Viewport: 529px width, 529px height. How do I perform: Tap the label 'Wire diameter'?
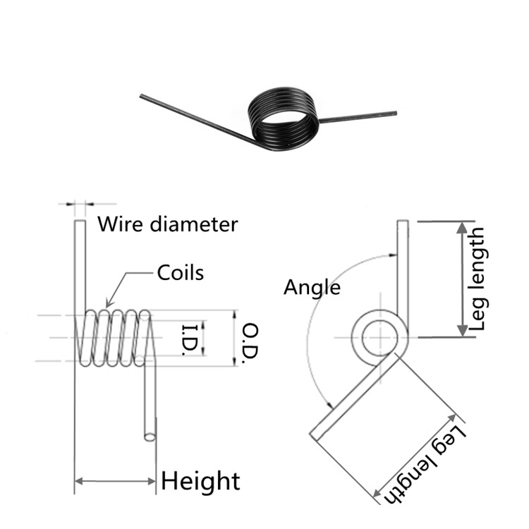point(167,225)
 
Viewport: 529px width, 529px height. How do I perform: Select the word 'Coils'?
point(181,272)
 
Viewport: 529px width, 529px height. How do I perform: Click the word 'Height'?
point(201,481)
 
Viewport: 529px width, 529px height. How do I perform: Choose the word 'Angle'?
point(312,287)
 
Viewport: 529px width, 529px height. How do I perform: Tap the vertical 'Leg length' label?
point(479,279)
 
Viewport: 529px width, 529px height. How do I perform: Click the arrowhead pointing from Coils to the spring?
point(107,304)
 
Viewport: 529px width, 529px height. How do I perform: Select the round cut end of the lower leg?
point(150,437)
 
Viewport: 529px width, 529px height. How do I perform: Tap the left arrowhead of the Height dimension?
point(78,482)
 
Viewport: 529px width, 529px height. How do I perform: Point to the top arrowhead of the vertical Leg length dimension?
point(462,226)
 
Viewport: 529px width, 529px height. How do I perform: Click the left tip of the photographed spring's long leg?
point(142,96)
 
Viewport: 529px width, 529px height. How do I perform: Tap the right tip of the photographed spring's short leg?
point(395,113)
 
